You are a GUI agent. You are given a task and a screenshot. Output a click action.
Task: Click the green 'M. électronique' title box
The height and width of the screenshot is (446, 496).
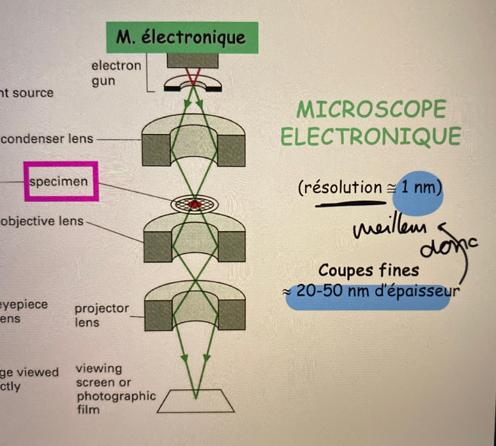pos(182,38)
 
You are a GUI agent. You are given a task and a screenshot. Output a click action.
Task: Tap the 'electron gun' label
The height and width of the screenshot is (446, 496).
pos(116,73)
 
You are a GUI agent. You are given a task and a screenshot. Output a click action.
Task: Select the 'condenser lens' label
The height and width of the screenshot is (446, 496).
pos(47,139)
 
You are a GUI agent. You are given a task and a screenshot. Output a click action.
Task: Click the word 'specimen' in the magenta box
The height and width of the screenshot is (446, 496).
pos(59,182)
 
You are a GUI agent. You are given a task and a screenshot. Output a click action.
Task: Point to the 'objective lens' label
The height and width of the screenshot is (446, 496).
pos(42,221)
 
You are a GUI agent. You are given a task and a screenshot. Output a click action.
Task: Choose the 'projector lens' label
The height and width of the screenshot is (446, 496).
pos(102,315)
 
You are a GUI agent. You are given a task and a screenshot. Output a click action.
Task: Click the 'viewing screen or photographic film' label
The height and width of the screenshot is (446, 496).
pos(115,389)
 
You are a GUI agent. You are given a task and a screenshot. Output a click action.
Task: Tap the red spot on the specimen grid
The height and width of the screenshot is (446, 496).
pos(194,204)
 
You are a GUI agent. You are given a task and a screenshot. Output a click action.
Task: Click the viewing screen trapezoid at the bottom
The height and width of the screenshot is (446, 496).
pos(196,402)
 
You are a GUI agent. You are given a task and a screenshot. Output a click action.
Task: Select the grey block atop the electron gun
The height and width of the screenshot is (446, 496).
pos(193,60)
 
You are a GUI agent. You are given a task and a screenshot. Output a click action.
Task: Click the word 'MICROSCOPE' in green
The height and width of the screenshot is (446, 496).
pos(371,109)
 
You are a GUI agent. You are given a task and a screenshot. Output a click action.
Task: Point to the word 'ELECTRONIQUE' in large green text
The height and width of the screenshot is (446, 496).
pos(370,137)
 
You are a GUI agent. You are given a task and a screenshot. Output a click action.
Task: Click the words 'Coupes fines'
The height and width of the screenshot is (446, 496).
pos(368,270)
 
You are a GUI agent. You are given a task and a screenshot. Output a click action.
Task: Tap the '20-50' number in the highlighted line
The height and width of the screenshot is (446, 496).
pos(319,291)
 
